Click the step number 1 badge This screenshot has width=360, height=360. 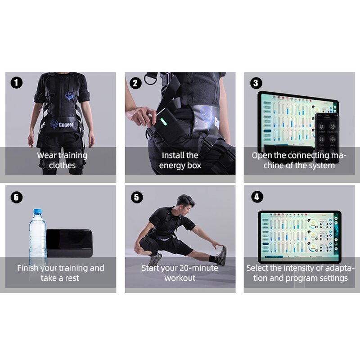[x=17, y=83]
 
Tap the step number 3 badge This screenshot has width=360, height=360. [x=256, y=83]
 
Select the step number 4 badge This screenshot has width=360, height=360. [x=256, y=197]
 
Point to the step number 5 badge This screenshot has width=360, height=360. [x=136, y=197]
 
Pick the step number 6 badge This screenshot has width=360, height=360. [x=17, y=197]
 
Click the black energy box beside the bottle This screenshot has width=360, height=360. [x=69, y=243]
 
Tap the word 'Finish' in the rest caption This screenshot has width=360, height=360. [x=29, y=268]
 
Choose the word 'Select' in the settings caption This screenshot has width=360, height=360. [x=259, y=268]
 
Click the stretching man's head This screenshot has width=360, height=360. [x=184, y=202]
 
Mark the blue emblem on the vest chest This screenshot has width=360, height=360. [x=69, y=96]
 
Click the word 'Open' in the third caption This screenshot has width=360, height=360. [x=261, y=155]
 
